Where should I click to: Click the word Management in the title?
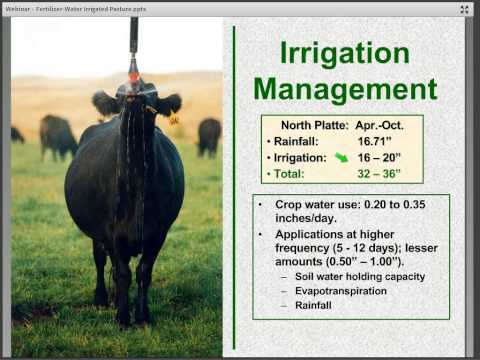(345, 88)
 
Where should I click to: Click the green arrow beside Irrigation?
(342, 157)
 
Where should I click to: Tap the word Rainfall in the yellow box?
(299, 142)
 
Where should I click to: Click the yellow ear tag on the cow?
(174, 120)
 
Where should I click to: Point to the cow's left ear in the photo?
(104, 102)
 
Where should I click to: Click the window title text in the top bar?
(75, 8)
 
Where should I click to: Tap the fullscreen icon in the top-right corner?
(466, 9)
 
